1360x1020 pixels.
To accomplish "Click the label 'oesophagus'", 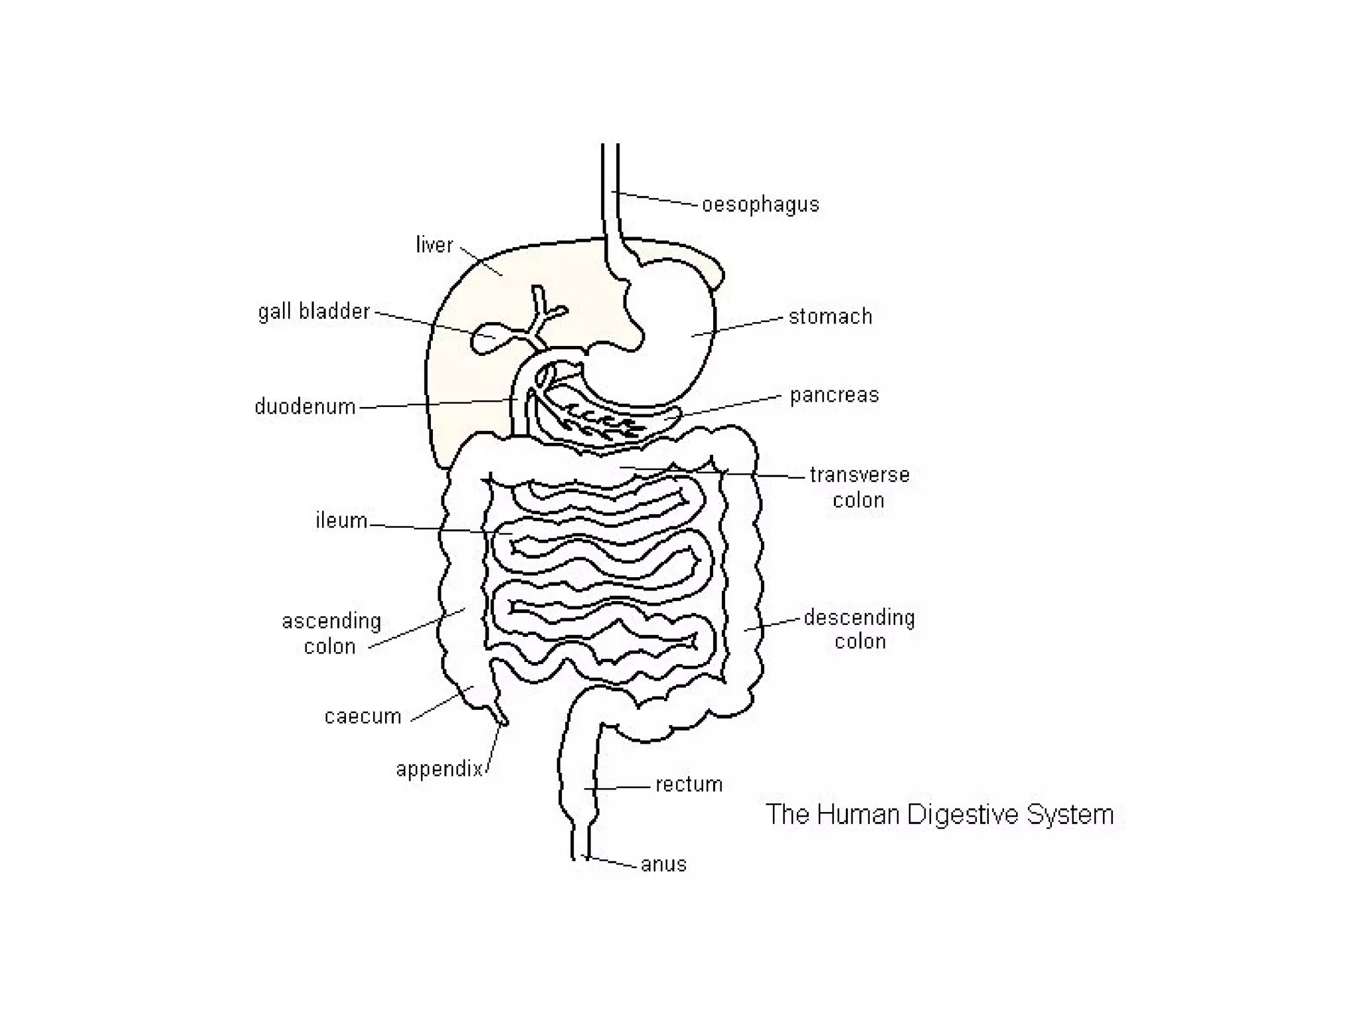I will click(x=760, y=205).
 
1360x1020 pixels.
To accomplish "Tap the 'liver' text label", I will click(x=434, y=245).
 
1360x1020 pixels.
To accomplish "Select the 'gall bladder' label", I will click(x=313, y=311).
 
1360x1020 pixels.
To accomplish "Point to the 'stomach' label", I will click(x=830, y=317).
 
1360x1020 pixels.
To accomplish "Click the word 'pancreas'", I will click(x=834, y=395).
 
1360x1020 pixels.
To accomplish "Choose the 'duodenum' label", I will click(x=305, y=406).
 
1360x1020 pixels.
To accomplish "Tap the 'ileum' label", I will click(x=341, y=520).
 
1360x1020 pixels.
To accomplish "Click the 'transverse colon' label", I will click(x=859, y=487).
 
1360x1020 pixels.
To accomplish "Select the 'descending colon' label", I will click(x=859, y=629).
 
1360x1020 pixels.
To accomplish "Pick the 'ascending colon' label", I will click(x=331, y=634).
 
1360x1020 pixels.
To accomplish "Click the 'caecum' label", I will click(x=363, y=717).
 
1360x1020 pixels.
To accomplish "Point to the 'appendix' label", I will click(x=439, y=769).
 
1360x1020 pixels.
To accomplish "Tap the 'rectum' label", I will click(x=689, y=784).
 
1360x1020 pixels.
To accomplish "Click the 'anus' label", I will click(x=663, y=864).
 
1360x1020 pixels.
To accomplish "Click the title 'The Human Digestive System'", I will click(x=940, y=814).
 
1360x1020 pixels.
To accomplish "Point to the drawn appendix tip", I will click(x=501, y=719).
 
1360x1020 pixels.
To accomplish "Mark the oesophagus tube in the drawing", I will click(x=610, y=193).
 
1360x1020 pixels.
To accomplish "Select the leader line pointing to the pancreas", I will click(x=730, y=406).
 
